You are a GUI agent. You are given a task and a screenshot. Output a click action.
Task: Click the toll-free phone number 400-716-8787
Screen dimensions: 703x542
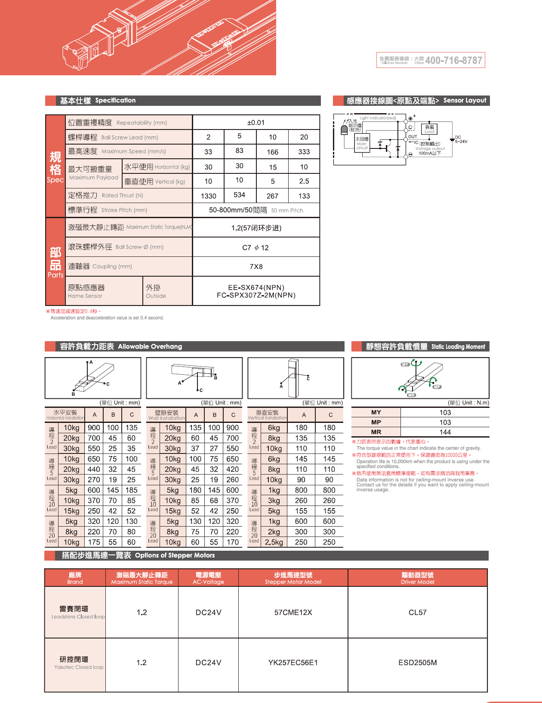click(x=453, y=60)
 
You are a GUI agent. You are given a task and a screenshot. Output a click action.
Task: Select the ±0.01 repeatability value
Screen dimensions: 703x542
click(x=256, y=123)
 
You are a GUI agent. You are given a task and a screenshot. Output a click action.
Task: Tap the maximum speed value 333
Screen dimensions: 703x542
click(x=304, y=152)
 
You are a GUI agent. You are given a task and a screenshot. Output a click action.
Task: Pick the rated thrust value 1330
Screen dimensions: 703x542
click(x=209, y=196)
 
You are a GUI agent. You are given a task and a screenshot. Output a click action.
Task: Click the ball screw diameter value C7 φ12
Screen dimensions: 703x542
click(x=256, y=248)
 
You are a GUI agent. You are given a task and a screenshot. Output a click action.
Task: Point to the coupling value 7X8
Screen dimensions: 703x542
click(x=256, y=267)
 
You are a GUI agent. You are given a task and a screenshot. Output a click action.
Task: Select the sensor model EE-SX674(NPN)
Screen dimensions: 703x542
click(x=256, y=287)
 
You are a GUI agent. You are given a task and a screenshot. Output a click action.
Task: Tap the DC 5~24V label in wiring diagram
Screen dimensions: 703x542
click(x=461, y=139)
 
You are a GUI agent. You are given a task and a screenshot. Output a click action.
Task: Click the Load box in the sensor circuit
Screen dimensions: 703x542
click(x=429, y=129)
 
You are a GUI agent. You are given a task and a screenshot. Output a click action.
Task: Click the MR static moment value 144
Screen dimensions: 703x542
click(x=445, y=432)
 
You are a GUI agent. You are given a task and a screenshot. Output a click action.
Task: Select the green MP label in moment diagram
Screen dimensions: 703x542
click(x=437, y=387)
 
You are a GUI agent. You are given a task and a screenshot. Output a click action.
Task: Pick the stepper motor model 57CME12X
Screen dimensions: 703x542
click(x=293, y=613)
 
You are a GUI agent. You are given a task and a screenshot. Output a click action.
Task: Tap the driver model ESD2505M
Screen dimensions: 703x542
click(x=417, y=663)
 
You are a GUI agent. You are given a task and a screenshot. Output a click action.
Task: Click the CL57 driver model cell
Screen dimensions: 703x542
click(x=417, y=613)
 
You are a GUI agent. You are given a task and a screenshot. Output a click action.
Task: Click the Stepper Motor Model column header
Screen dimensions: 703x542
click(x=293, y=578)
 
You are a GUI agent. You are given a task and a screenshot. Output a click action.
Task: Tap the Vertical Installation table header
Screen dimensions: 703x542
click(x=267, y=415)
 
